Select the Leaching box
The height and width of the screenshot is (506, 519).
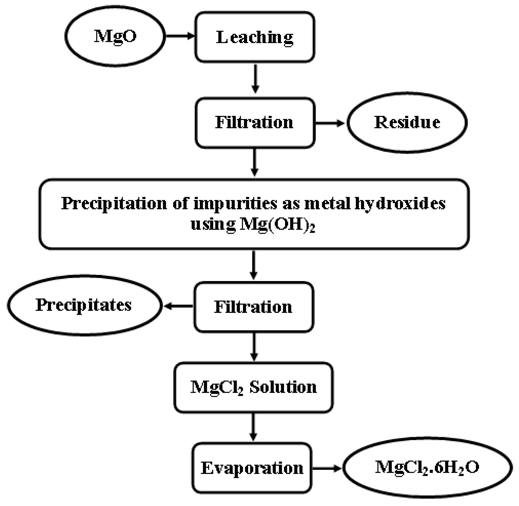[x=255, y=37]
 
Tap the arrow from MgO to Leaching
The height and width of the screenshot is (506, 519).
[x=180, y=36]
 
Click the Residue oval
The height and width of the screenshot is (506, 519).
[x=407, y=122]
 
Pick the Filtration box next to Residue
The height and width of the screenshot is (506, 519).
[x=255, y=122]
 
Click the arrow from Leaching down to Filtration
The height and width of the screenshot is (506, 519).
[x=255, y=79]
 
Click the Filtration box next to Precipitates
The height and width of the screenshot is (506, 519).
[x=253, y=307]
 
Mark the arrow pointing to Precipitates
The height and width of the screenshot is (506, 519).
[x=178, y=306]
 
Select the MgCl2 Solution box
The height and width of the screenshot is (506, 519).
[x=253, y=387]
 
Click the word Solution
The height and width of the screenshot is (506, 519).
[x=283, y=387]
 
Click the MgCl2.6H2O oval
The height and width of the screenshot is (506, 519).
[x=427, y=467]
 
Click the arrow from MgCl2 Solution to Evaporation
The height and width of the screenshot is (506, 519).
[x=253, y=427]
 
